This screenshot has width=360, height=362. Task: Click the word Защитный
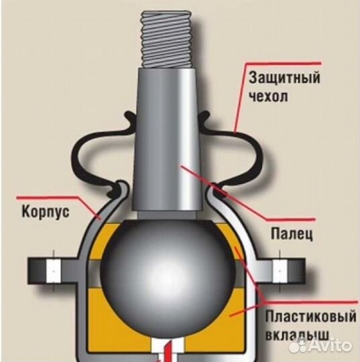click(284, 78)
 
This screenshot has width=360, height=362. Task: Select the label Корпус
click(46, 212)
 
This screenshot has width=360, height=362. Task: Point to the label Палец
click(292, 234)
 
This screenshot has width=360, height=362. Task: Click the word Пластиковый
click(311, 316)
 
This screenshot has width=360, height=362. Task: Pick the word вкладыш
click(297, 335)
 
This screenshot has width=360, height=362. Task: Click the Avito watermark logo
click(320, 346)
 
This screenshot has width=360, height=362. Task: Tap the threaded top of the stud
click(166, 40)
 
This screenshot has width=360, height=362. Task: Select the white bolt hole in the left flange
click(54, 271)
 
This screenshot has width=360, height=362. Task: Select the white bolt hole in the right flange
click(280, 271)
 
